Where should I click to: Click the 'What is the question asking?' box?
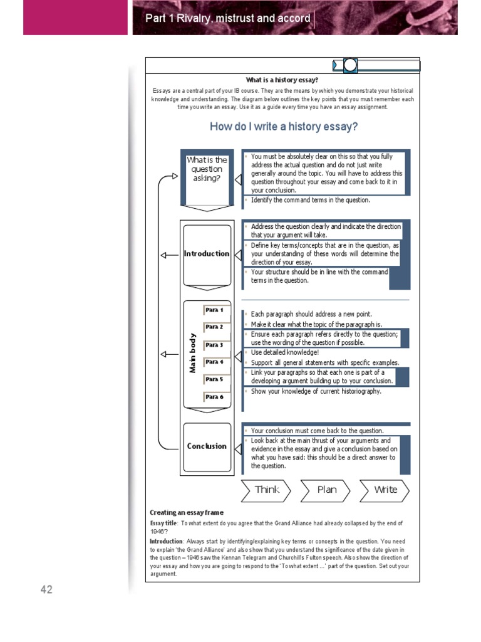[x=207, y=169]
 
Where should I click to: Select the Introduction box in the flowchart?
[x=207, y=254]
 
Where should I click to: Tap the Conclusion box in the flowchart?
[x=207, y=446]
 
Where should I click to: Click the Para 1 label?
[x=214, y=310]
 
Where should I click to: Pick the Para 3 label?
[x=214, y=345]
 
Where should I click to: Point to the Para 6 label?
[x=214, y=397]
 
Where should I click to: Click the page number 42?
[x=46, y=589]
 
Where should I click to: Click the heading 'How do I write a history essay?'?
[x=284, y=127]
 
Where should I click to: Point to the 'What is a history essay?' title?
[x=282, y=80]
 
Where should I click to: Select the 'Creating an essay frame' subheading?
[x=186, y=512]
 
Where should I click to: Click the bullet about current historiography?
[x=316, y=391]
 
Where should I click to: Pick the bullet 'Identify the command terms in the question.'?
[x=311, y=200]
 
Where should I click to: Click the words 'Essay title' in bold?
[x=163, y=523]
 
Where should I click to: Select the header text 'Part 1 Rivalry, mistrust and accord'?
[x=228, y=18]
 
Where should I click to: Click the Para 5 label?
[x=214, y=379]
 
